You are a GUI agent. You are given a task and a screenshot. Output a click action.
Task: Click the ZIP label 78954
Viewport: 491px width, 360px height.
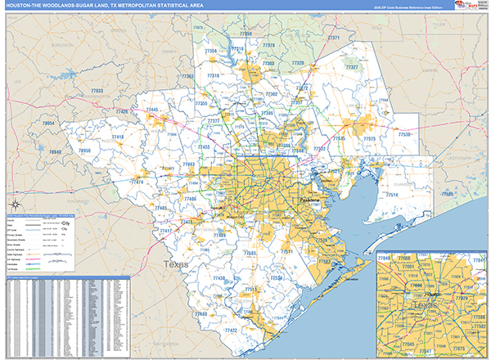[x=51, y=123]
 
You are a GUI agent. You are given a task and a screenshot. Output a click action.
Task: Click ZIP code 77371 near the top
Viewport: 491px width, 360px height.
[x=333, y=38]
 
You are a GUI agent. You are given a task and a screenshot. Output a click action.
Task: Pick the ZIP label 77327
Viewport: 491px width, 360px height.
[x=351, y=67]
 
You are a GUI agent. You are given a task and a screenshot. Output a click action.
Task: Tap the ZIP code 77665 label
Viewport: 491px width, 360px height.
[x=447, y=193]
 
